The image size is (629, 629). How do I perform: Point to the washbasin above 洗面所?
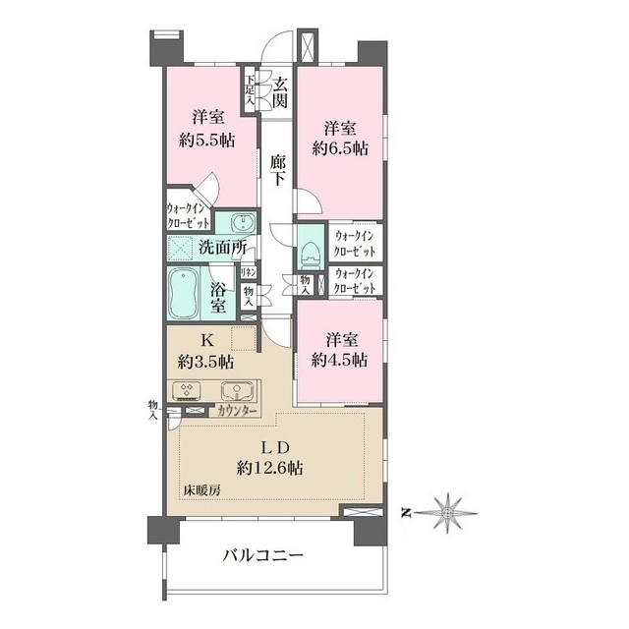(237, 222)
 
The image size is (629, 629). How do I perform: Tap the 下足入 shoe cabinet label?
(251, 91)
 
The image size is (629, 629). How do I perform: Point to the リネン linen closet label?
(250, 271)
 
